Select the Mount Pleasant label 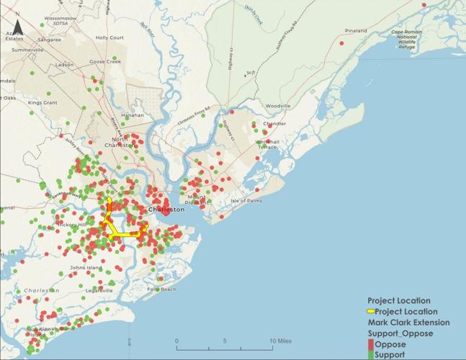[197, 199]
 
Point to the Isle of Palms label [247, 200]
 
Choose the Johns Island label [86, 268]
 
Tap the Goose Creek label [104, 62]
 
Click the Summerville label [28, 50]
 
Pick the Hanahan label [133, 115]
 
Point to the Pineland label [356, 31]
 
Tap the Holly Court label [109, 37]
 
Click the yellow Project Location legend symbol [371, 312]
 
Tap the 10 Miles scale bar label [281, 341]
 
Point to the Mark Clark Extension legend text [408, 323]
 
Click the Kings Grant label [42, 103]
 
